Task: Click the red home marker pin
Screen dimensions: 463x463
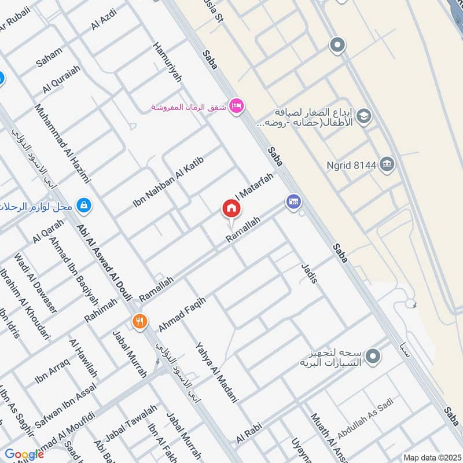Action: click(231, 208)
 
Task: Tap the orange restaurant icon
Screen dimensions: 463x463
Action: click(139, 321)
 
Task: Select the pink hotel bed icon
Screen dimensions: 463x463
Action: click(236, 106)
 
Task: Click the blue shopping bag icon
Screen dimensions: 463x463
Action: click(84, 204)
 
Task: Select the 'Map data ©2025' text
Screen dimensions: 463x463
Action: click(431, 457)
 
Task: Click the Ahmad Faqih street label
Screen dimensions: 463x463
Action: click(182, 310)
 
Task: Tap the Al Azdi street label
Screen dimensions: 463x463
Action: click(104, 19)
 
